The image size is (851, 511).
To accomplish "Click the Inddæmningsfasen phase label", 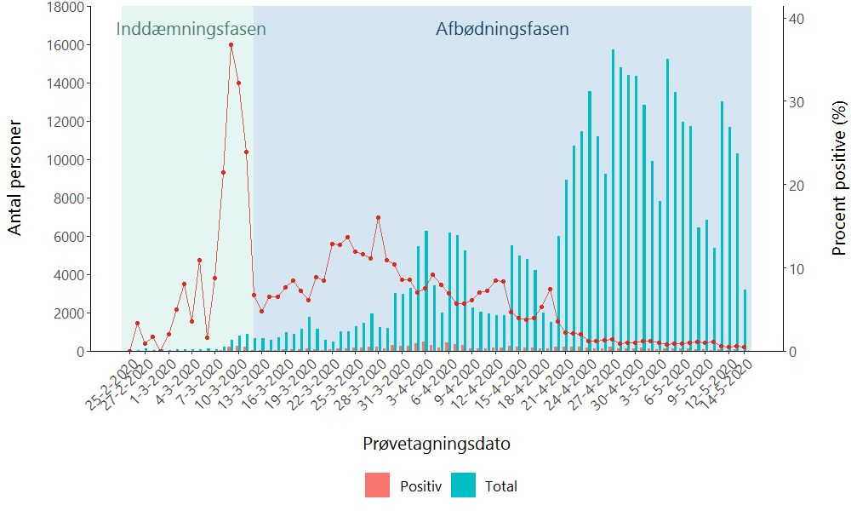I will click(191, 29).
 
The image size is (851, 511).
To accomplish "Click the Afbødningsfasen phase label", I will click(502, 29).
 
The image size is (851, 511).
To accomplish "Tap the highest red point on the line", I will click(231, 45).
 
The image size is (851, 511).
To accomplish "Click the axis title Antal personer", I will click(15, 176).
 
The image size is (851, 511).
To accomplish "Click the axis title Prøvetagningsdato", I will click(436, 444).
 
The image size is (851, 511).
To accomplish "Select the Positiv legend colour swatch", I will click(377, 485).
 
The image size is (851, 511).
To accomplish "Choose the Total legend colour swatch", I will click(463, 485).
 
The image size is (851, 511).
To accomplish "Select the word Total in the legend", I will click(501, 486).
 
